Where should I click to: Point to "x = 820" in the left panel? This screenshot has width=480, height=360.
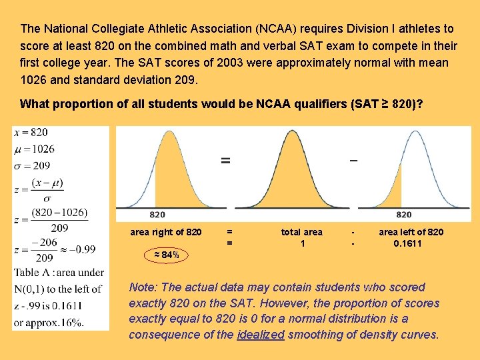(x=31, y=133)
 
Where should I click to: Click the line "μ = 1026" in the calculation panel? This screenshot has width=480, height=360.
(x=34, y=149)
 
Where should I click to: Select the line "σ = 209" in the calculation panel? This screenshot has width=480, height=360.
(x=31, y=165)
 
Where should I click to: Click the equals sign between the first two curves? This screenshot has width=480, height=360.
(x=226, y=160)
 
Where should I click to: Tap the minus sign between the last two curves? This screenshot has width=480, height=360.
(x=353, y=160)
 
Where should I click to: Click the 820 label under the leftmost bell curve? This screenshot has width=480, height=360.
(x=157, y=215)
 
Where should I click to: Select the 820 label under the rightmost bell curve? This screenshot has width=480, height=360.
(x=403, y=215)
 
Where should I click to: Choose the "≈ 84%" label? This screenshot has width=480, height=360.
(x=167, y=255)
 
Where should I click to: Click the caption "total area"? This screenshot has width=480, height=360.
(x=301, y=232)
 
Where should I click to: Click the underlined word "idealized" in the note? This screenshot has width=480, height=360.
(x=261, y=333)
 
